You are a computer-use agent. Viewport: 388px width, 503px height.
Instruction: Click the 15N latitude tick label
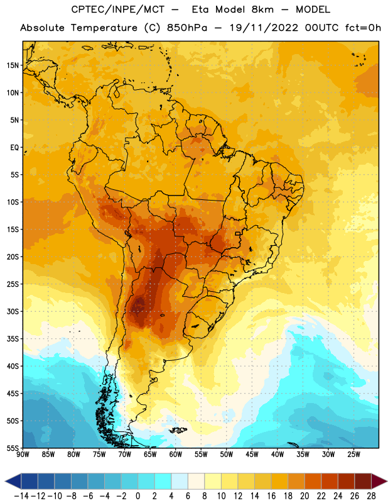pos(13,65)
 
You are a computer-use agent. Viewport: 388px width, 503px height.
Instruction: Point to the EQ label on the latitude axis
pos(14,148)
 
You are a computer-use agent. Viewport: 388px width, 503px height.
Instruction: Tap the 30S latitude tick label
pos(13,311)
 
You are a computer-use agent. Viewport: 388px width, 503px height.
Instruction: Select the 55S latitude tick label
pos(13,448)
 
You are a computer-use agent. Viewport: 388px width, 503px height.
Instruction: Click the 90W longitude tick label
pos(23,454)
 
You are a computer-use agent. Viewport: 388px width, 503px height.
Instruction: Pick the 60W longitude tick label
pos(176,454)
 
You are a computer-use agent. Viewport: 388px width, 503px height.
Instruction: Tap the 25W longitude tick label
pos(353,454)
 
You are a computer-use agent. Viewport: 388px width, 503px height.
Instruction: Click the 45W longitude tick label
pos(252,454)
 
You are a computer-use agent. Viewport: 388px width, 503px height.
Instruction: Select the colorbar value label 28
pos(371,496)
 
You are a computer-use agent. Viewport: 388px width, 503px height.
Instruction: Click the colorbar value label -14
pos(21,496)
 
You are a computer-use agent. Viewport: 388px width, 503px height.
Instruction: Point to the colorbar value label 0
pos(137,496)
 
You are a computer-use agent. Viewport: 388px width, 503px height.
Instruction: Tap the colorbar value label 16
pos(271,496)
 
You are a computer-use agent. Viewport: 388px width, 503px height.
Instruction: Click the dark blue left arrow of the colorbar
pos(13,481)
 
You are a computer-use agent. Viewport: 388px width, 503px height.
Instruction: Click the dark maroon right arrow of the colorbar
pos(379,481)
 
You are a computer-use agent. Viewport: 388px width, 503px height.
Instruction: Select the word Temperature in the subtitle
pos(104,28)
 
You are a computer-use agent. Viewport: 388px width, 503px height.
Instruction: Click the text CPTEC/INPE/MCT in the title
pos(117,9)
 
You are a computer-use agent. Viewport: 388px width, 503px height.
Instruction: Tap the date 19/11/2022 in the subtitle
pos(264,28)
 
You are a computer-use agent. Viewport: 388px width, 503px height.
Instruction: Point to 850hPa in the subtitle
pos(187,28)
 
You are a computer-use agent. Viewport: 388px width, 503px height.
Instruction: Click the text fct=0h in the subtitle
pos(363,28)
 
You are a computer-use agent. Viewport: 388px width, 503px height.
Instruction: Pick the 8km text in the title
pos(262,9)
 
